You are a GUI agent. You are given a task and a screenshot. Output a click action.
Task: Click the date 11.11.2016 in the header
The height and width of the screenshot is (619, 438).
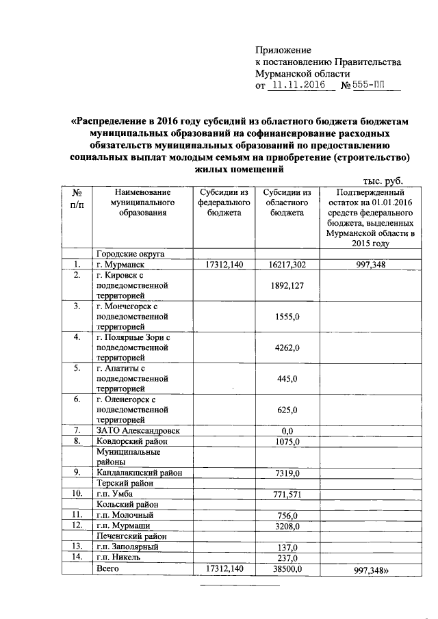click(x=296, y=87)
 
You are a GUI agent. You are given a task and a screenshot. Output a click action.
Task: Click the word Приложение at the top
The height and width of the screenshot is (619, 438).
click(x=283, y=50)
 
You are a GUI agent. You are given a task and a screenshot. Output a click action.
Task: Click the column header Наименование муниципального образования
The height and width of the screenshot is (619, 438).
click(x=142, y=203)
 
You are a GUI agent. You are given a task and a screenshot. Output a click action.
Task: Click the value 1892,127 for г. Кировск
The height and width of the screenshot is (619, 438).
click(x=287, y=285)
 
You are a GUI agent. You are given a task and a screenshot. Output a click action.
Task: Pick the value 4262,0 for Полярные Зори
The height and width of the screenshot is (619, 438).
click(x=287, y=347)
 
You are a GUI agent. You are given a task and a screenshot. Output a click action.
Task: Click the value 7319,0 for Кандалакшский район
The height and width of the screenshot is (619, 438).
click(x=287, y=473)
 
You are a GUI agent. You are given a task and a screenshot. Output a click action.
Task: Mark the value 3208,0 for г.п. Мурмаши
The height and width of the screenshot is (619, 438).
click(x=287, y=525)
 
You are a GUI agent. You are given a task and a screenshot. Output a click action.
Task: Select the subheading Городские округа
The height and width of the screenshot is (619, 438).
click(x=130, y=254)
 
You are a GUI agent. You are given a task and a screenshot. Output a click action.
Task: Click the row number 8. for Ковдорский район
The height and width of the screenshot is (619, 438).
click(x=78, y=441)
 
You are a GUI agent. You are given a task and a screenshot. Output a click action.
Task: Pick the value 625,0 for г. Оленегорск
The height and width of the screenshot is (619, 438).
click(x=287, y=410)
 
